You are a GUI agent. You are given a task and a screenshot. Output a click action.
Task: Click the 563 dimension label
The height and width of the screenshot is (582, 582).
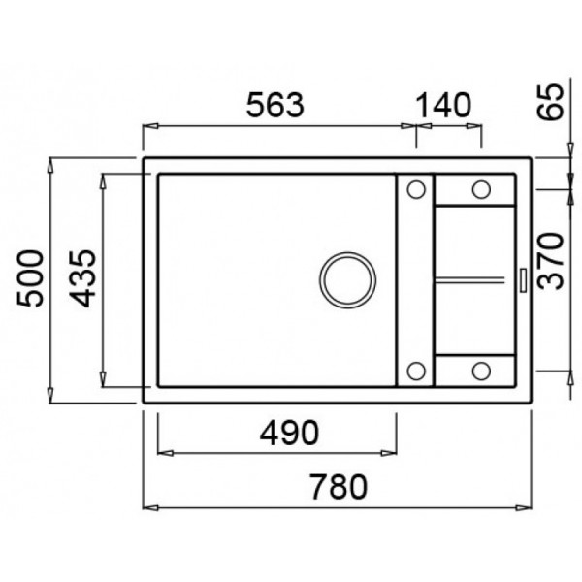pyautogui.click(x=275, y=105)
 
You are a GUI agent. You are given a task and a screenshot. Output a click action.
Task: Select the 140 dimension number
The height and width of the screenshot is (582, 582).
pyautogui.click(x=444, y=105)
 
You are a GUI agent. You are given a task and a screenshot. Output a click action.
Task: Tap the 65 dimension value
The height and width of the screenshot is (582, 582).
pyautogui.click(x=551, y=101)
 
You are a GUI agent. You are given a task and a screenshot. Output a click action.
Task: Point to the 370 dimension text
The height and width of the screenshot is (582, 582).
pyautogui.click(x=551, y=261)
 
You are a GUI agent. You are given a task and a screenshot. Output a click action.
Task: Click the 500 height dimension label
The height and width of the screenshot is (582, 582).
pyautogui.click(x=30, y=278)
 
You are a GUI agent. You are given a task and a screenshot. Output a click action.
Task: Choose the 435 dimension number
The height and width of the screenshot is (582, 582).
pyautogui.click(x=82, y=278)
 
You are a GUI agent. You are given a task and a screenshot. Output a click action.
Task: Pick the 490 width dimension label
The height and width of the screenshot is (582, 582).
pyautogui.click(x=289, y=433)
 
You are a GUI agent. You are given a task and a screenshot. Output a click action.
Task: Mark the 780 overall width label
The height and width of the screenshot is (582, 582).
pyautogui.click(x=339, y=487)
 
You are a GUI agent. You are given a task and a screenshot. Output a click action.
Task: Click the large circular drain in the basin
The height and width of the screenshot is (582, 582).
pyautogui.click(x=347, y=280)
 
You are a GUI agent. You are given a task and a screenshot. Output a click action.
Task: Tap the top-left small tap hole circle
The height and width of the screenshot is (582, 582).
pyautogui.click(x=416, y=189)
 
